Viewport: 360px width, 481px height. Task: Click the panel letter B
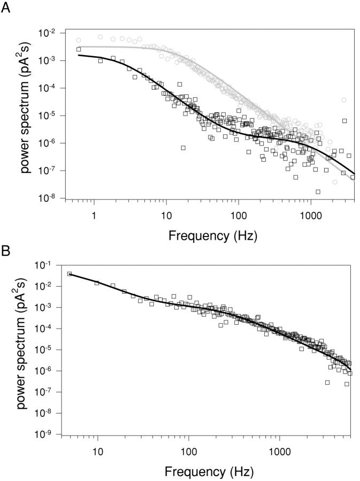7,250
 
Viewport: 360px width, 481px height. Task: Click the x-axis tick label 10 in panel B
98,452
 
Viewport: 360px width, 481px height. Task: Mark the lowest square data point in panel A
318,192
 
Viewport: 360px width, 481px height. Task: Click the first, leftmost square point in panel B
70,274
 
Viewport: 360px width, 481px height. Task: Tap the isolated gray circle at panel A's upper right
344,100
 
